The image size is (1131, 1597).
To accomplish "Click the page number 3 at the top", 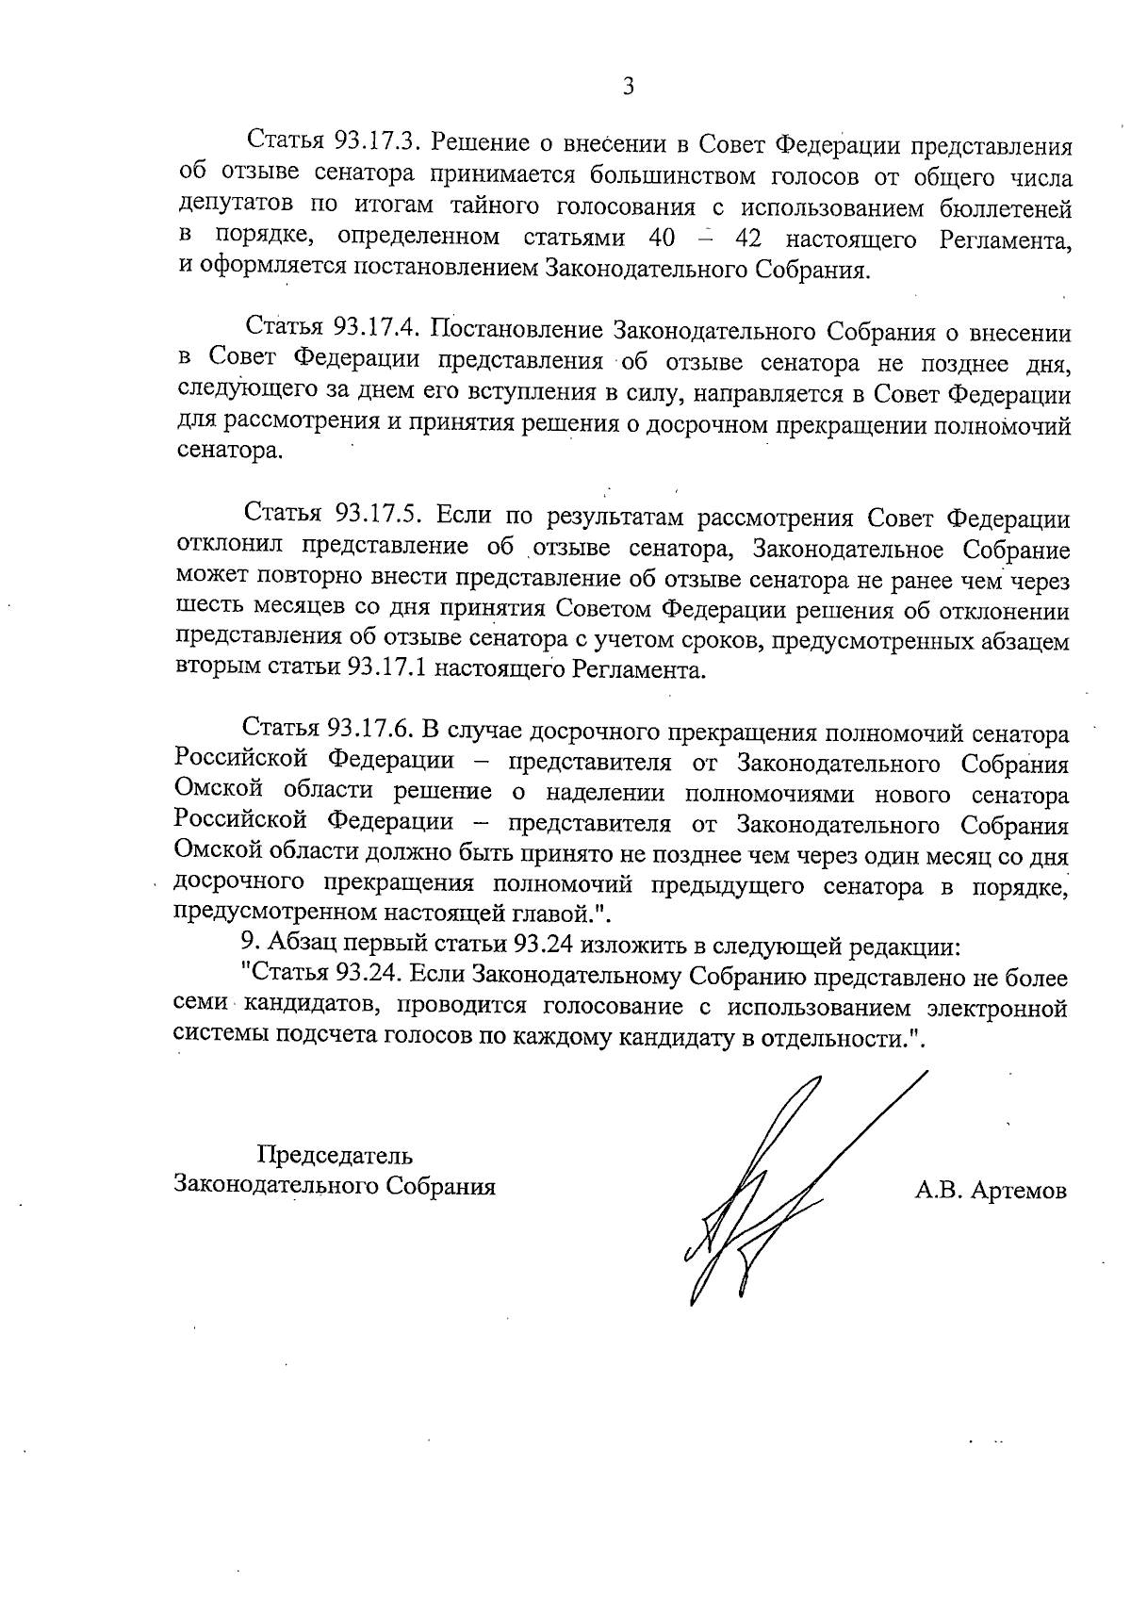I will click(x=628, y=87).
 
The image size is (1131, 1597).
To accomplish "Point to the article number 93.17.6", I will click(x=369, y=733).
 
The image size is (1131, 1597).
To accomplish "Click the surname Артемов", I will click(x=1019, y=1191).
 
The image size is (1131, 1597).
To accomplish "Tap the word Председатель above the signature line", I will click(x=336, y=1154).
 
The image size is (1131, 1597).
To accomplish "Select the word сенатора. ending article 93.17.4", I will click(x=229, y=453).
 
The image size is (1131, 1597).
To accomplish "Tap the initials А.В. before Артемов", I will click(x=935, y=1191).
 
